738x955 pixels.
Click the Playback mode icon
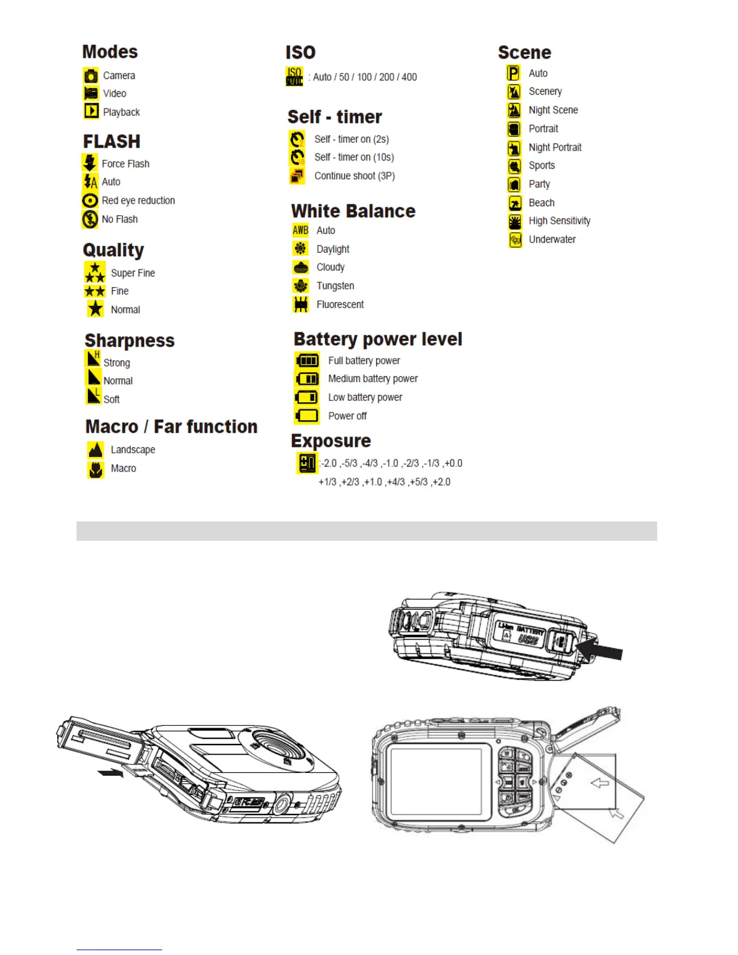pyautogui.click(x=91, y=111)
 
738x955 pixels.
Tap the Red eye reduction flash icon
pyautogui.click(x=90, y=201)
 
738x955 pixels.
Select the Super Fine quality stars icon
pyautogui.click(x=95, y=273)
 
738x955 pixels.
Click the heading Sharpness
pyautogui.click(x=130, y=341)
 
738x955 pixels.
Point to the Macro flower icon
pyautogui.click(x=95, y=468)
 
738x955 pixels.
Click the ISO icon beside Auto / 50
pyautogui.click(x=294, y=77)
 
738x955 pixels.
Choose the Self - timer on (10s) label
pyautogui.click(x=354, y=157)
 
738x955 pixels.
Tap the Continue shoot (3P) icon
pyautogui.click(x=297, y=175)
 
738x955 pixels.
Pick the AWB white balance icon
pyautogui.click(x=300, y=230)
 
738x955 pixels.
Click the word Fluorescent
pyautogui.click(x=340, y=304)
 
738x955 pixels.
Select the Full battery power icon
pyautogui.click(x=307, y=361)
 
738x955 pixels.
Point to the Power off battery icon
pyautogui.click(x=307, y=415)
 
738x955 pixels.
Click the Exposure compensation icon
pyautogui.click(x=307, y=463)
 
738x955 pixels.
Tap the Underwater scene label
pyautogui.click(x=552, y=239)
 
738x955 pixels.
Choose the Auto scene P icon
pyautogui.click(x=513, y=73)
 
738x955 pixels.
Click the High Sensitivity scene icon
pyautogui.click(x=514, y=221)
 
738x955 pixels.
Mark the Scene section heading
pyautogui.click(x=524, y=52)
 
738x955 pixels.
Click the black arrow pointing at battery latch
pyautogui.click(x=599, y=651)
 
